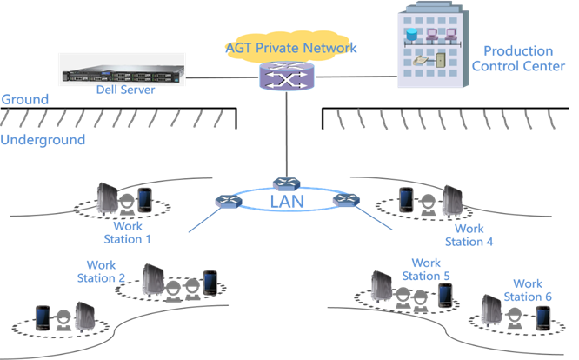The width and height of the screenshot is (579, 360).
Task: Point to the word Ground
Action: (x=24, y=100)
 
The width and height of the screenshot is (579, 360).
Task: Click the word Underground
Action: (x=43, y=140)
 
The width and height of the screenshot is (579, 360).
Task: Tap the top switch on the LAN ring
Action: (x=285, y=183)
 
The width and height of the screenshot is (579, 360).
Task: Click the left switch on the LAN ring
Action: (x=229, y=202)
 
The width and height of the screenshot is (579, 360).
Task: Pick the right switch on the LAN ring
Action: (x=345, y=201)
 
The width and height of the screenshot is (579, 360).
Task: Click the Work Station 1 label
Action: (x=127, y=232)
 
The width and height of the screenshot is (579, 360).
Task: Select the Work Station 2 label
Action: (x=107, y=271)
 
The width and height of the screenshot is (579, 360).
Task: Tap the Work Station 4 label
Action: (x=469, y=236)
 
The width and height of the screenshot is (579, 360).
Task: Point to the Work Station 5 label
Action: (x=426, y=270)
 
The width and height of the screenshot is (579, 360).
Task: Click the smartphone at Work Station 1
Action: (x=144, y=200)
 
